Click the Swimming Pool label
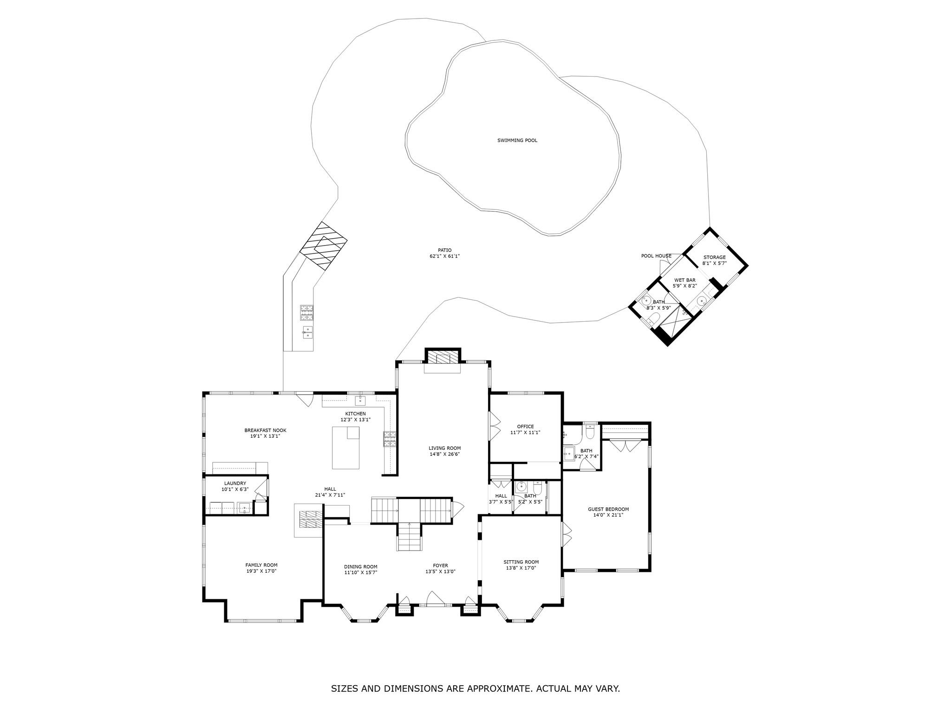coord(517,140)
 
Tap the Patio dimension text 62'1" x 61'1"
coord(444,256)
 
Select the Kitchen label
coord(355,414)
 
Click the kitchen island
coord(345,448)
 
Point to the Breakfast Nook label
coord(266,430)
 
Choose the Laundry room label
coord(235,483)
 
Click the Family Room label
coord(261,565)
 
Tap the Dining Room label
coord(361,567)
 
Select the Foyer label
coord(441,565)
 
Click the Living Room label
coord(445,448)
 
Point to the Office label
coord(526,426)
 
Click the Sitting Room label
coord(521,562)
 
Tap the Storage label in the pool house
coord(714,257)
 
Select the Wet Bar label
coord(685,280)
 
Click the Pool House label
coord(656,256)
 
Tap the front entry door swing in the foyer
coord(436,598)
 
